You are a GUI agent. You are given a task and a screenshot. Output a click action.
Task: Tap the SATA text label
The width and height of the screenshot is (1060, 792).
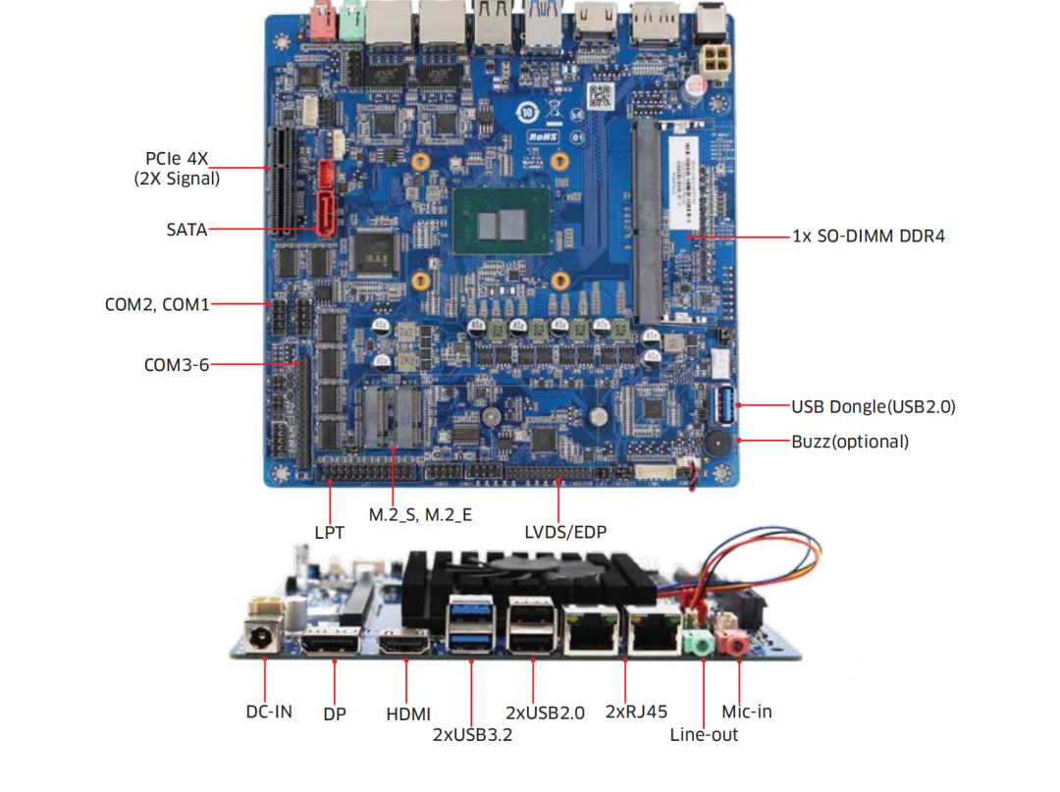coord(186,230)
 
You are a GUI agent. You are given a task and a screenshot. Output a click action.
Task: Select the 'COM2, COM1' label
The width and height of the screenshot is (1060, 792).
coord(157,304)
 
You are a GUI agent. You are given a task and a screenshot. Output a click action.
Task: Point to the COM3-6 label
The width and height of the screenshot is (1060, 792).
coord(177,365)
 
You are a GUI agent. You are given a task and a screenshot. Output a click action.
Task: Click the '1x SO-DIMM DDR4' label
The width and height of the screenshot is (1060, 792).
coord(869,237)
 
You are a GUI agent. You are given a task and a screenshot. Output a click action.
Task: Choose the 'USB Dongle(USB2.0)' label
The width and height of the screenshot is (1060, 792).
coord(873,406)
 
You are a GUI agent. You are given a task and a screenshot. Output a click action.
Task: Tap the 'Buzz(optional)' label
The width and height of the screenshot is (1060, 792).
coord(850,442)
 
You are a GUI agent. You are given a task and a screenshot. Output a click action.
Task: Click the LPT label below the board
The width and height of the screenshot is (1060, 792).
coord(329,533)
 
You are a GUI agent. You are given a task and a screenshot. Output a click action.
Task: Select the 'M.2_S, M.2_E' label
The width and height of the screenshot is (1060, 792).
coord(420,514)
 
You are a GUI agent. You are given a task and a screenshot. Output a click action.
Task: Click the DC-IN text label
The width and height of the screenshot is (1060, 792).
coord(269,712)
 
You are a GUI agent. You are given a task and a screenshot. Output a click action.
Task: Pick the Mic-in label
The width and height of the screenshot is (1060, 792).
coord(747,712)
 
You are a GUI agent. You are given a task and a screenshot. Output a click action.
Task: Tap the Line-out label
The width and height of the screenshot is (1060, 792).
coord(704,735)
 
